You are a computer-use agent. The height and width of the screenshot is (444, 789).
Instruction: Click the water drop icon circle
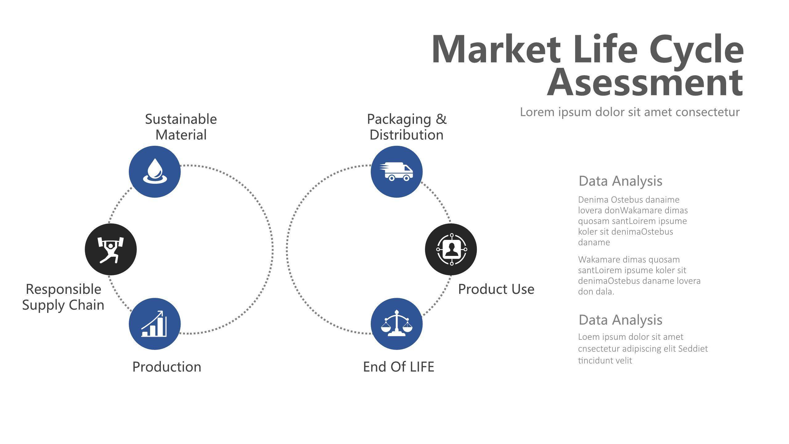point(155,172)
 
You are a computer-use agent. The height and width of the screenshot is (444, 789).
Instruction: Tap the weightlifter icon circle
point(111,249)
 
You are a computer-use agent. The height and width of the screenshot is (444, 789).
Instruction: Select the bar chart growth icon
point(154,323)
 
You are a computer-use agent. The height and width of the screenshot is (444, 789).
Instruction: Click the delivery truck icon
point(396,171)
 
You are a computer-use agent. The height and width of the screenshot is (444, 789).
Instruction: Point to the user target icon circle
point(451,249)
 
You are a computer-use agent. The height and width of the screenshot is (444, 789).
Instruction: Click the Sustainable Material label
point(181,127)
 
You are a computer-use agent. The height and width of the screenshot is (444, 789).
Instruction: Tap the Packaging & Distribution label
point(407,127)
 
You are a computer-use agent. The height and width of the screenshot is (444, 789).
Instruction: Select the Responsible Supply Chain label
point(63,297)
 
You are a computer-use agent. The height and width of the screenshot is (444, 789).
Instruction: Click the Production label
point(167,367)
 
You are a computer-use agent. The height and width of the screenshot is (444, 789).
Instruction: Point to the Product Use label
point(496,289)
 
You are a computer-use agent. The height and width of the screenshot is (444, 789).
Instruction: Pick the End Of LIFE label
point(399,367)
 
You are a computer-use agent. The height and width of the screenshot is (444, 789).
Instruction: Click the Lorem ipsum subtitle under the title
point(630,112)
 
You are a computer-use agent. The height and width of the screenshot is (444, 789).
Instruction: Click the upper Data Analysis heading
point(620,181)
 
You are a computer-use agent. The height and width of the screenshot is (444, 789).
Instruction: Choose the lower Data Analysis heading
point(620,320)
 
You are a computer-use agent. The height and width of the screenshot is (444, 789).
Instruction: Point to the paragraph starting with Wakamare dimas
point(639,275)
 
